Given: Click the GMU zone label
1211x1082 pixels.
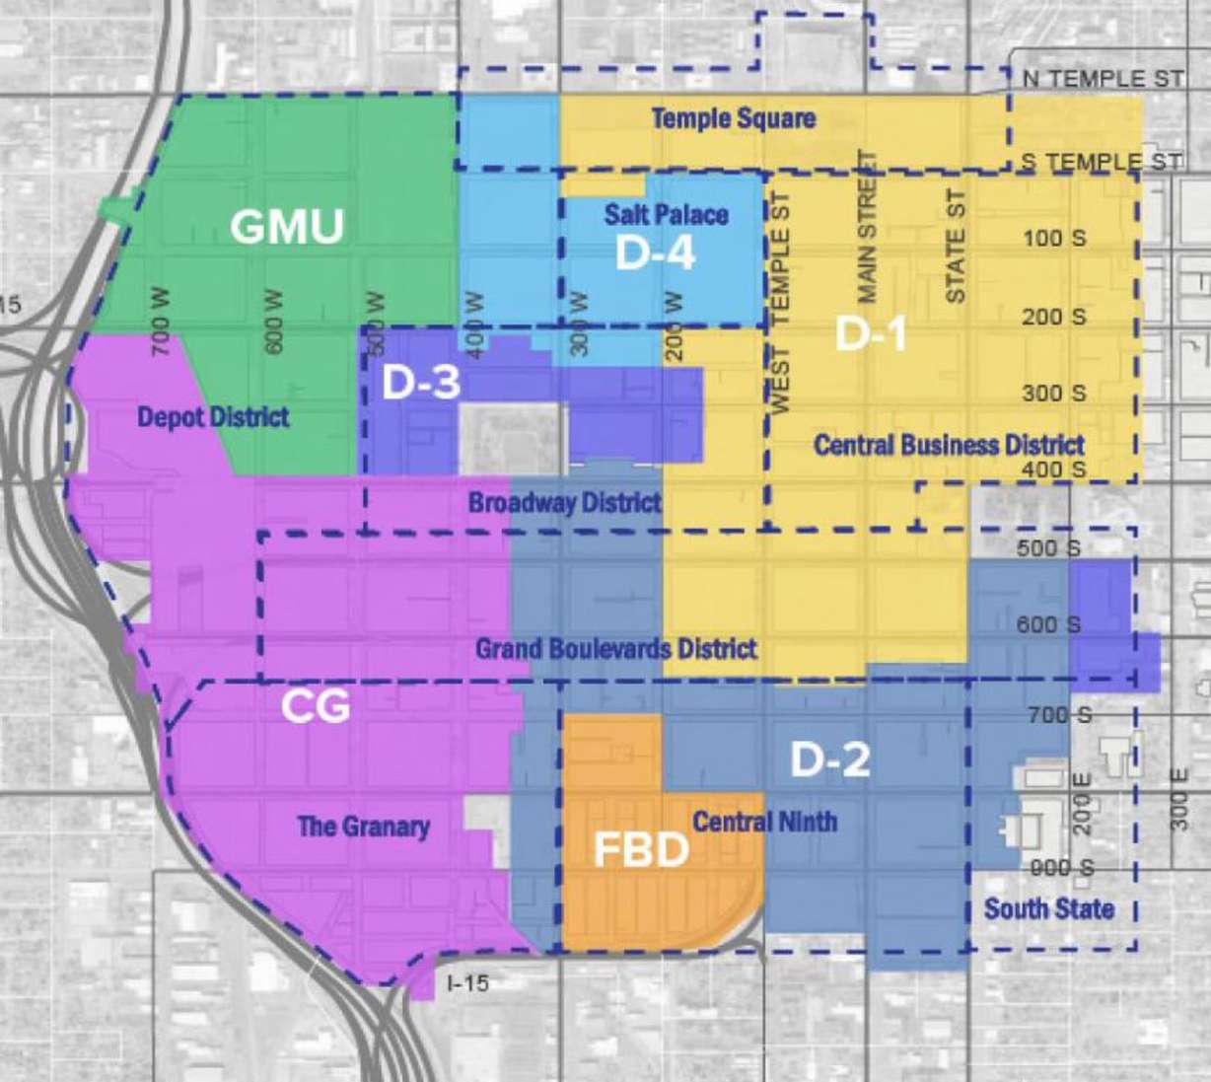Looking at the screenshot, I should point(287,227).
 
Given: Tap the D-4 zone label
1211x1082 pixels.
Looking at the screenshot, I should point(655,253).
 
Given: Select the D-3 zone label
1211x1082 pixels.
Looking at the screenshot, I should point(421,383).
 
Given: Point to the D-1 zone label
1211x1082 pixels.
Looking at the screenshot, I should point(871,334).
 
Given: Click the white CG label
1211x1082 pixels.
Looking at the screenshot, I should point(316,706).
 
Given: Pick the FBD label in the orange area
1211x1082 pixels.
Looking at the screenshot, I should point(641,850).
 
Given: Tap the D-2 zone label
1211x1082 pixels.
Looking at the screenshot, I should point(830,759).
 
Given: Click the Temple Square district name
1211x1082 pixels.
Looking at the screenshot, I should point(734,119).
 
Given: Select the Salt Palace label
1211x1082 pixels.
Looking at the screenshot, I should point(667,214).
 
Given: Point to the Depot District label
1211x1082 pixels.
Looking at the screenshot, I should point(213,417).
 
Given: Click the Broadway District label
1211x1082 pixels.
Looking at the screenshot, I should point(564,503).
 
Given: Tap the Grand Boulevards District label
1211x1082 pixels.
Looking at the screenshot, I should point(616,649).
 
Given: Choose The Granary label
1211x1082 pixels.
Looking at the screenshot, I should point(364,826).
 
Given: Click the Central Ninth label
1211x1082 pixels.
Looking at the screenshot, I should point(764,822).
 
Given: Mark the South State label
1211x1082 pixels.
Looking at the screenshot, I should point(1049,908).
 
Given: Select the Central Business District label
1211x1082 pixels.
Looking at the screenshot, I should point(949,445).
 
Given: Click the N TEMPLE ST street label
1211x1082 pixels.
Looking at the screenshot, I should point(1103,79).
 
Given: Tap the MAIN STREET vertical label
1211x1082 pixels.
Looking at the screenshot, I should point(867,227).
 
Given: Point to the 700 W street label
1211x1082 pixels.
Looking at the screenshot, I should point(160,322).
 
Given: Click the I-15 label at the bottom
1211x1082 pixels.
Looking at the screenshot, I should point(467,982).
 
